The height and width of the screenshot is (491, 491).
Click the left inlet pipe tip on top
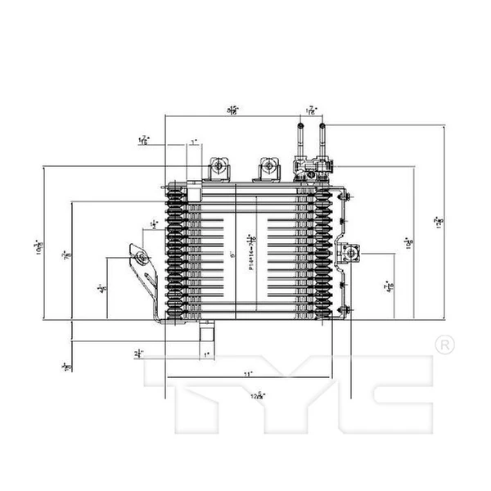[301, 125]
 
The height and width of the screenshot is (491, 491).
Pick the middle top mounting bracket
[267, 168]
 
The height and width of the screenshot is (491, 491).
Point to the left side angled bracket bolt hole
[142, 259]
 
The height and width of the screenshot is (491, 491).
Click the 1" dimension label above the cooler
[194, 142]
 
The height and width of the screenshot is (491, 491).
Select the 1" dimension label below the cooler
[208, 354]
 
